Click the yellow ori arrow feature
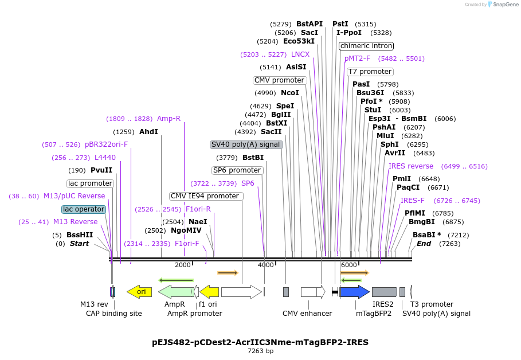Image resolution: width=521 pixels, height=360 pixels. tap(139, 292)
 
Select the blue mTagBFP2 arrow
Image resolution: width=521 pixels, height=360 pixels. tap(354, 292)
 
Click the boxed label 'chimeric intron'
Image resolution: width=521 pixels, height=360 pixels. tap(366, 46)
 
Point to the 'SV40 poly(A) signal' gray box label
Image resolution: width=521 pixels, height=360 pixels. tap(246, 144)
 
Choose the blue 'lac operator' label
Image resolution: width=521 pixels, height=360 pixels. tap(84, 209)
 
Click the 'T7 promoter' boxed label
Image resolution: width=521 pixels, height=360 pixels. tap(370, 72)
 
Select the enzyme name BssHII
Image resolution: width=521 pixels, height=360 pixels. tap(80, 235)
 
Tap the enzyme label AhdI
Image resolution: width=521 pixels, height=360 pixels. tap(148, 132)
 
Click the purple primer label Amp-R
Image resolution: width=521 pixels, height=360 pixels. tap(169, 119)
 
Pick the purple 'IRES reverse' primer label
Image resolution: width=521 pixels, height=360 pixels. tap(411, 166)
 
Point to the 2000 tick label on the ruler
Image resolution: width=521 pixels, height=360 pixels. tap(183, 265)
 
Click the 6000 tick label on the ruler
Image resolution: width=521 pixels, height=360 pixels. tap(348, 265)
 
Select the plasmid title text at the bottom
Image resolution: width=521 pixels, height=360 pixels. tap(260, 342)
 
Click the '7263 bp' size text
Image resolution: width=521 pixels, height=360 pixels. tap(260, 351)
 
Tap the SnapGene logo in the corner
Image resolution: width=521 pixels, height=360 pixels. tap(503, 5)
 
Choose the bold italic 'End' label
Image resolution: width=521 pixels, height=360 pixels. tap(424, 244)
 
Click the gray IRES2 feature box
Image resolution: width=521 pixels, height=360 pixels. tap(384, 292)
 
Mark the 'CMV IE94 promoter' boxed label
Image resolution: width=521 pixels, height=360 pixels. tap(206, 196)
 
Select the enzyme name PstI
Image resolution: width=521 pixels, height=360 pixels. tap(340, 24)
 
